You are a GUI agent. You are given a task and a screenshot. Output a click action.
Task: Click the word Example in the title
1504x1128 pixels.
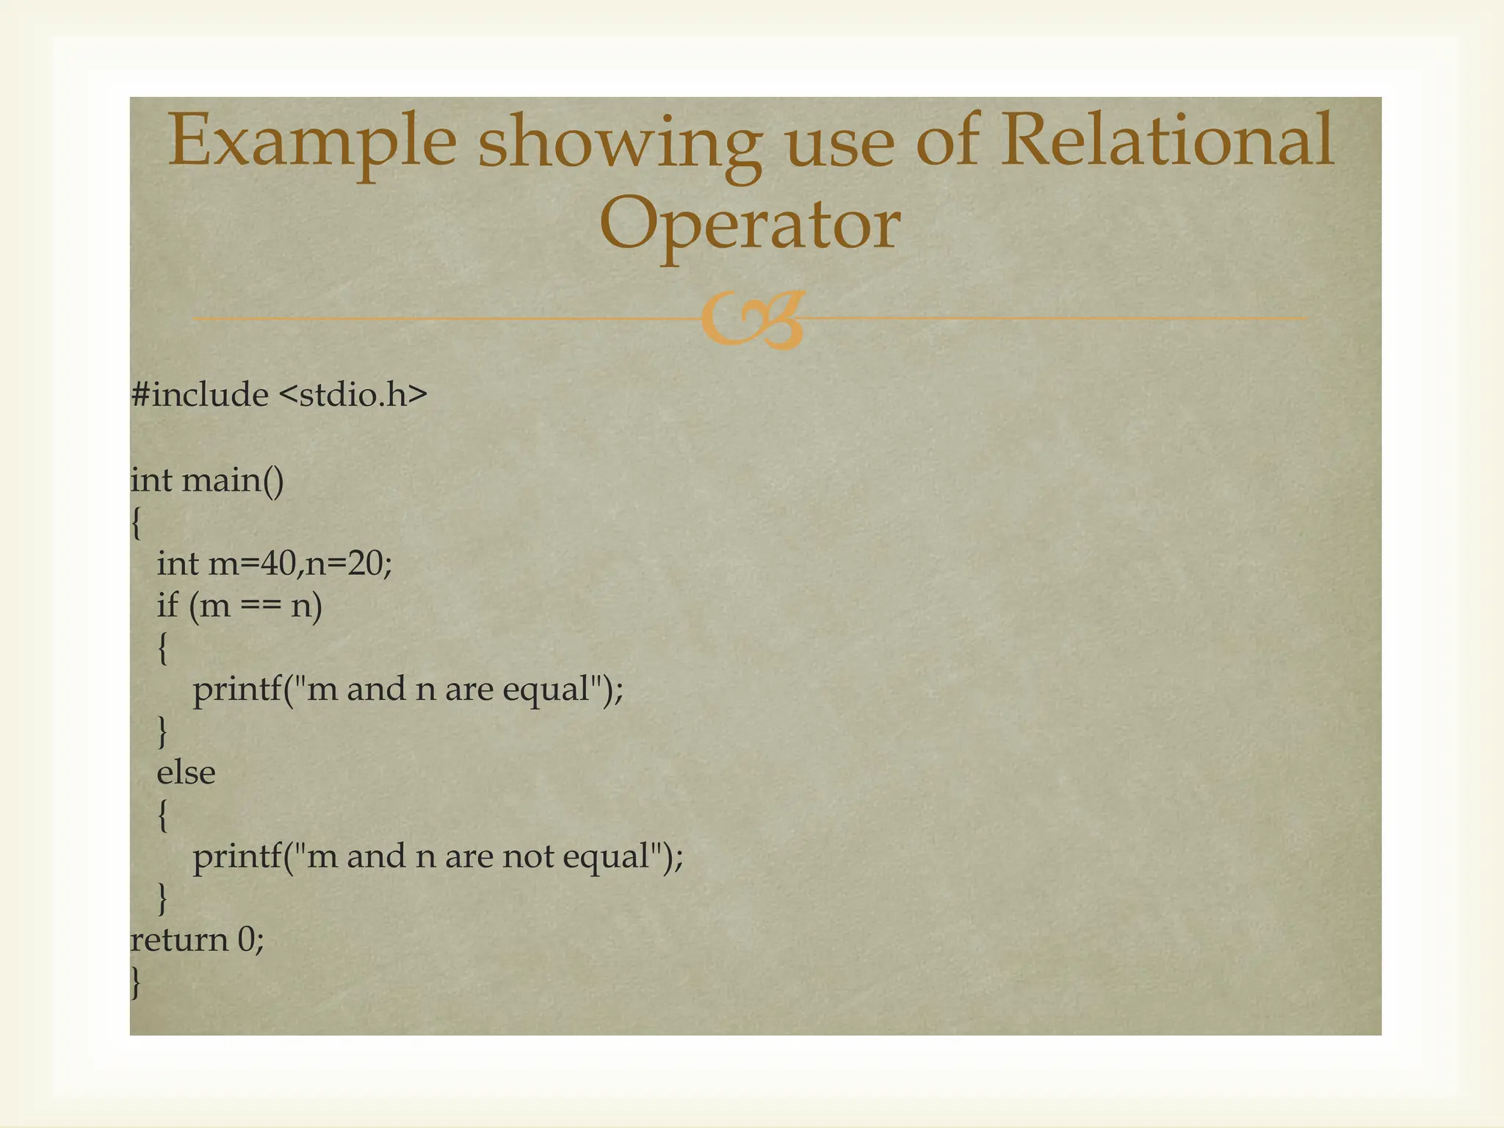(x=313, y=142)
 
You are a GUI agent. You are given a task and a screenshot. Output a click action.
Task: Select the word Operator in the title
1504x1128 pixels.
(x=750, y=224)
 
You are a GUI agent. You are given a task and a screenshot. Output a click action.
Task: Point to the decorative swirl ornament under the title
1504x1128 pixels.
(x=752, y=319)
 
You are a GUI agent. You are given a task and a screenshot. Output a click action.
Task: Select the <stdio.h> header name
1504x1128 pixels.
(x=353, y=395)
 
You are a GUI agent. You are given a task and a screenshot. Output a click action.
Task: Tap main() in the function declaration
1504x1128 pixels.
(x=233, y=481)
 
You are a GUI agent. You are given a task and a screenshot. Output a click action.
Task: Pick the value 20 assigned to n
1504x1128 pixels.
(x=365, y=564)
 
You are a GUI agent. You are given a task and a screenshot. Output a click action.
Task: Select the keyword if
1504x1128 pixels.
(x=167, y=606)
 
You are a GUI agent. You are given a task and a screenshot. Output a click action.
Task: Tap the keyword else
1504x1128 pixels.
(x=186, y=773)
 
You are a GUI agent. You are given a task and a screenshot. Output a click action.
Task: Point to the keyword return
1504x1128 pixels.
(x=179, y=941)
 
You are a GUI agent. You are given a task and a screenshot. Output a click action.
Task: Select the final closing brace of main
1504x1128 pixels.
(x=136, y=983)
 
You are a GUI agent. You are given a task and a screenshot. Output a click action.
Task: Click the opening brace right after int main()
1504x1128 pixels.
(x=136, y=523)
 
